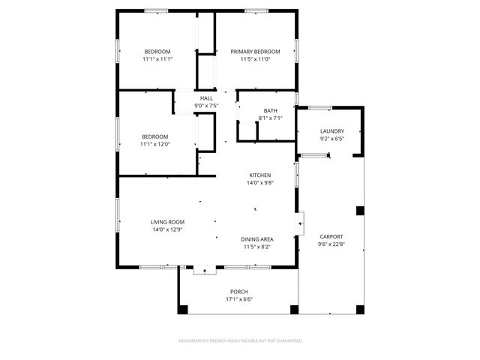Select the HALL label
click(206, 98)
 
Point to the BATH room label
click(270, 110)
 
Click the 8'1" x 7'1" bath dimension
click(270, 118)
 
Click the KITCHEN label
click(260, 175)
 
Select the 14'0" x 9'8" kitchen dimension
click(260, 182)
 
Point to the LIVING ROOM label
click(167, 222)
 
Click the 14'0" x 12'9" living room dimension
click(167, 229)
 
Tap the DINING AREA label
click(257, 238)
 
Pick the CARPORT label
click(331, 236)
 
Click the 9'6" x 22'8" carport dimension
click(331, 244)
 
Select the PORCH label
click(239, 292)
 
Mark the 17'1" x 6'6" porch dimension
click(239, 299)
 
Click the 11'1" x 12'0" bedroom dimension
click(155, 144)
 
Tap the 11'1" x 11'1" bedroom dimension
click(157, 58)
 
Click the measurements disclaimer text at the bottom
click(240, 340)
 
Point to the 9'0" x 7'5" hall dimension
click(206, 106)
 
